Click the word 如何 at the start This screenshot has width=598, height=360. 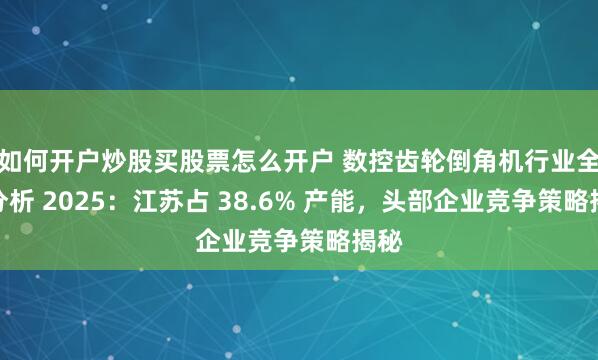click(x=23, y=156)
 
